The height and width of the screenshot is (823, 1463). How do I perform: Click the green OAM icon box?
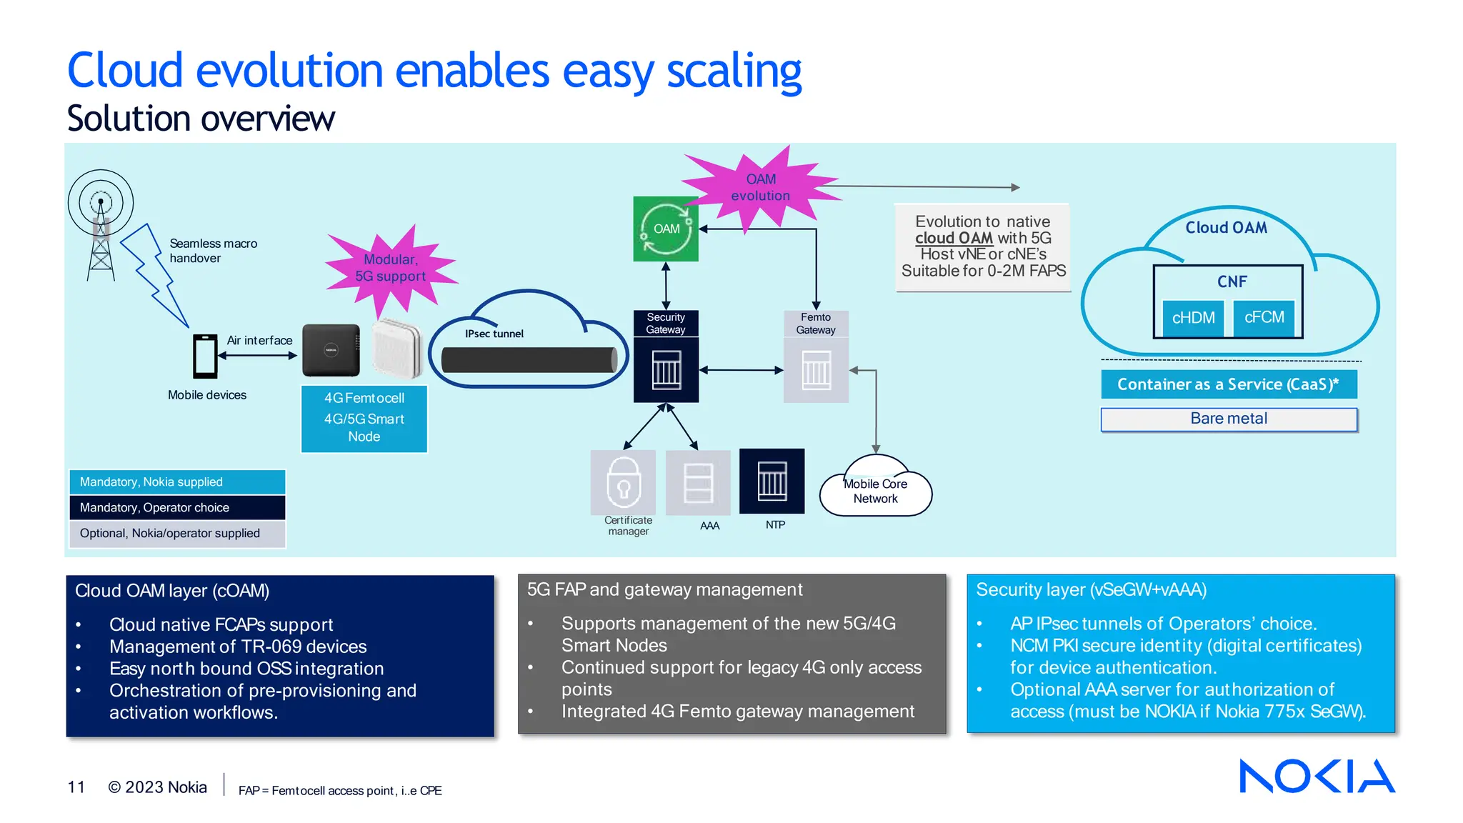pos(665,229)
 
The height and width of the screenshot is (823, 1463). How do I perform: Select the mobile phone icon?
pos(205,356)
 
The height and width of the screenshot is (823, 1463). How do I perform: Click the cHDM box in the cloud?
pos(1193,318)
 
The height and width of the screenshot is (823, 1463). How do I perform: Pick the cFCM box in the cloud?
pos(1264,317)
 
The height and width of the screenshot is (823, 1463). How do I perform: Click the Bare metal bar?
pos(1228,419)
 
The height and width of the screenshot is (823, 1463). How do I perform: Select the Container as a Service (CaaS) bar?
pos(1228,384)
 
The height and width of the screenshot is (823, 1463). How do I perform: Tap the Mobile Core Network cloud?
pos(875,491)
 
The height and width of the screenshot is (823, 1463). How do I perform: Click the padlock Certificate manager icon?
pos(623,482)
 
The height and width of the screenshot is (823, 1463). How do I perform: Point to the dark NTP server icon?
pos(772,481)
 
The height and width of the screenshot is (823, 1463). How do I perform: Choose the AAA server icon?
pos(698,482)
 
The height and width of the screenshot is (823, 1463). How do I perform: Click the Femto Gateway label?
pos(815,324)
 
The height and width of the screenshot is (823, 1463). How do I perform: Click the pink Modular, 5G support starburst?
pos(391,269)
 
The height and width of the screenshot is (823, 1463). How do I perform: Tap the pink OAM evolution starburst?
pos(760,187)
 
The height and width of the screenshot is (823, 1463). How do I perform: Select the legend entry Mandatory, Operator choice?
pos(177,508)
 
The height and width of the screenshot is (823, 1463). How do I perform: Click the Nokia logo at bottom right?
pos(1317,776)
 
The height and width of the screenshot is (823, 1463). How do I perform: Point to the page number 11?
pos(76,787)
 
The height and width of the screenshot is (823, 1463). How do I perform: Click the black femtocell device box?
pos(331,350)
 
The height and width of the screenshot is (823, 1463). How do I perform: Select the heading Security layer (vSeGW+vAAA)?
pos(1091,590)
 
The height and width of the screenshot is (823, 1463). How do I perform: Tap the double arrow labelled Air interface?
pos(258,355)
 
